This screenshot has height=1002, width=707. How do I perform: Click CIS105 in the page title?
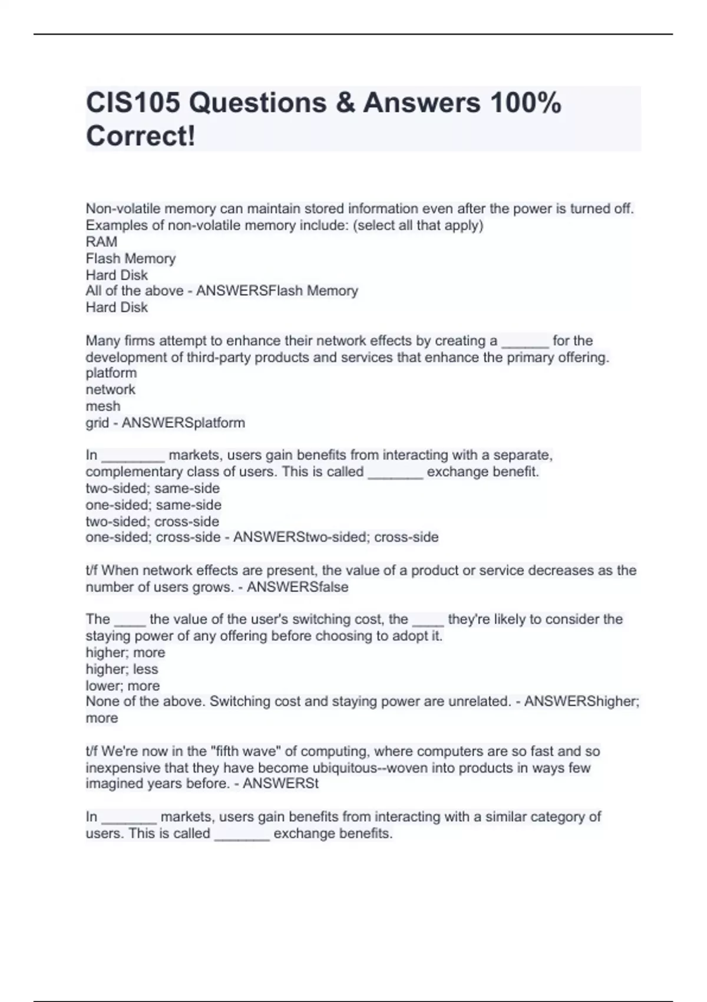pos(133,103)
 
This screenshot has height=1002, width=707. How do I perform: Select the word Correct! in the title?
pos(141,136)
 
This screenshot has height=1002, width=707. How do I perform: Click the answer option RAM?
pos(101,242)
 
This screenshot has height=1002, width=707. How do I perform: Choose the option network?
pos(110,390)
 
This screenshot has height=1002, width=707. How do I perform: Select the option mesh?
pos(103,406)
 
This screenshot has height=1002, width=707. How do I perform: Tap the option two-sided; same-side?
pos(153,488)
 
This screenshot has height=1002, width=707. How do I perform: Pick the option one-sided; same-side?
pos(153,505)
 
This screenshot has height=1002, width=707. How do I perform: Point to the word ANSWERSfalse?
pos(298,587)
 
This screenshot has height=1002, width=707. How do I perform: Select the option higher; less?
pos(122,669)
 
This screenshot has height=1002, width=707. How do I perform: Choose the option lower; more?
pos(123,685)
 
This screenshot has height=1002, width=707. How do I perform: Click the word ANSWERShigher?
pos(582,701)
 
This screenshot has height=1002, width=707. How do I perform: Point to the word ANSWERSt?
pos(280,783)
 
